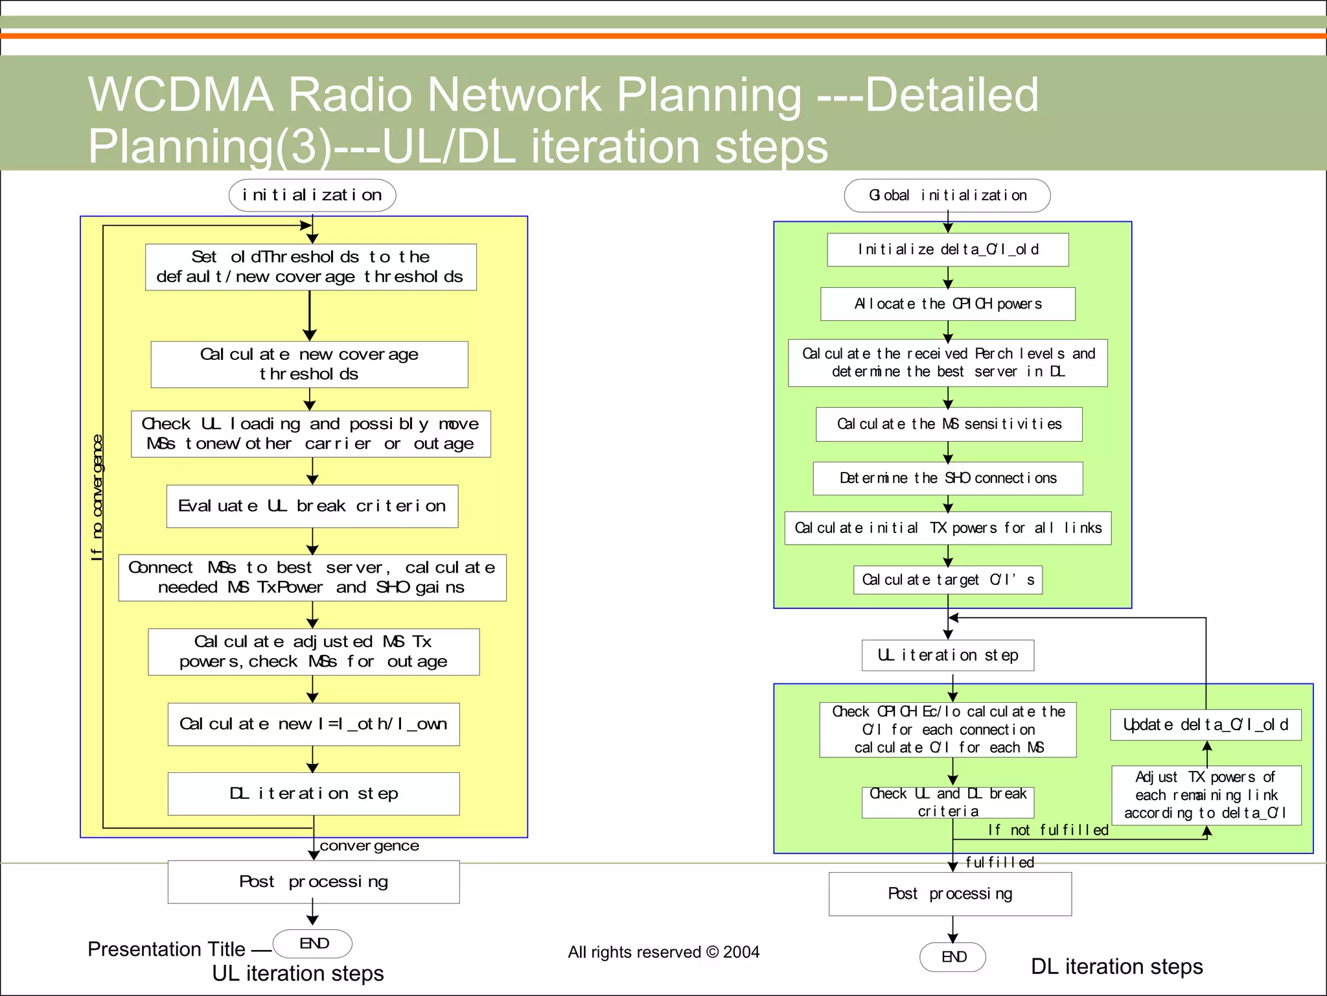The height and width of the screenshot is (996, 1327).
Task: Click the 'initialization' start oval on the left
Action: tap(312, 195)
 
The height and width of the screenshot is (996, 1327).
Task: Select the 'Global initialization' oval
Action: tap(947, 195)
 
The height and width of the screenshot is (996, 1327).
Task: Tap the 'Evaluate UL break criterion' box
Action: tap(312, 506)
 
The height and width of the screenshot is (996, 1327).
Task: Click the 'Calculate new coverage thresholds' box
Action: tap(310, 364)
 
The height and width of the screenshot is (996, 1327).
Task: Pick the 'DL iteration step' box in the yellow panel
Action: tap(314, 793)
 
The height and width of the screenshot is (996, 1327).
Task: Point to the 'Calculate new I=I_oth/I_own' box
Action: tap(314, 724)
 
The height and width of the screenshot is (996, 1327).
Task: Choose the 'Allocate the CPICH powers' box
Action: tap(947, 303)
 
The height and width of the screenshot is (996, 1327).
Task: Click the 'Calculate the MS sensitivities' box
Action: tap(949, 424)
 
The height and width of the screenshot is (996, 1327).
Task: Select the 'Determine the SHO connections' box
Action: tap(947, 478)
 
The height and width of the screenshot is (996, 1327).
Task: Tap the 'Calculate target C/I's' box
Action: tap(947, 580)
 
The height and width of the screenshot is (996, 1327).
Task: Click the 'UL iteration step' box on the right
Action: tap(947, 655)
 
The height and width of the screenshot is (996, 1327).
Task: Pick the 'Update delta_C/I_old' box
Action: tap(1205, 724)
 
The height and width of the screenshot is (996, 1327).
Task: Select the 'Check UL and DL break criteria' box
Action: tap(947, 802)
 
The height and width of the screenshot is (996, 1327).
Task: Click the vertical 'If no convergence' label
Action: tap(97, 497)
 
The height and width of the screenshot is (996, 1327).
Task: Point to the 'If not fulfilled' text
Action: tap(1048, 830)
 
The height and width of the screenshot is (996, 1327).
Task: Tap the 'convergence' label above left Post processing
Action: tap(369, 846)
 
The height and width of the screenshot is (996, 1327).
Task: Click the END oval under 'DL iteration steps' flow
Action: tap(952, 956)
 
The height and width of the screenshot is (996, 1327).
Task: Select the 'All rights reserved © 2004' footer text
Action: tap(663, 952)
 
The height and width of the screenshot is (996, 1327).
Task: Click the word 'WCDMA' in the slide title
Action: tap(181, 95)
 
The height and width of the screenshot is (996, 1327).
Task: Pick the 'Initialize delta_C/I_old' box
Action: tap(947, 250)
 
